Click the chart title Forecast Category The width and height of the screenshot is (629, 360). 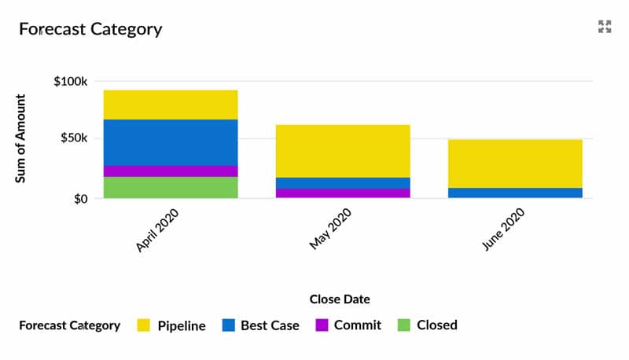(90, 30)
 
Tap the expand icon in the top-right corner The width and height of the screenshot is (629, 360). (604, 28)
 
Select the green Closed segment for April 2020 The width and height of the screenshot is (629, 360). (171, 187)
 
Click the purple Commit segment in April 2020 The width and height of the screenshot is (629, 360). (171, 171)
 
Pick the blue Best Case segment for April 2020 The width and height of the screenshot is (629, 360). (171, 142)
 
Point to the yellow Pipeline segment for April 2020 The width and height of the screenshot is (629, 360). (171, 105)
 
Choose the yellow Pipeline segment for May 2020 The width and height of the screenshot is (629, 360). (343, 151)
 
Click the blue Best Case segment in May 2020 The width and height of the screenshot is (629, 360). (343, 182)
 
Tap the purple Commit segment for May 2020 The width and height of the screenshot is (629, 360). (343, 193)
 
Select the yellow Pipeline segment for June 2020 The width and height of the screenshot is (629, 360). (515, 163)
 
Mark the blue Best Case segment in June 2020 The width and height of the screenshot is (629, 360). (515, 193)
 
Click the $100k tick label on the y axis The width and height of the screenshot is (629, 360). (70, 81)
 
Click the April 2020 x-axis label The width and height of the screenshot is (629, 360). (158, 230)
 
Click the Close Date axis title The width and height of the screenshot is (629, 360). (340, 299)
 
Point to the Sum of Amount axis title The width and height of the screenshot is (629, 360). (21, 139)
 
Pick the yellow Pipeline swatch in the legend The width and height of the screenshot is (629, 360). (143, 325)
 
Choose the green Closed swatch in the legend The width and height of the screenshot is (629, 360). (403, 325)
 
